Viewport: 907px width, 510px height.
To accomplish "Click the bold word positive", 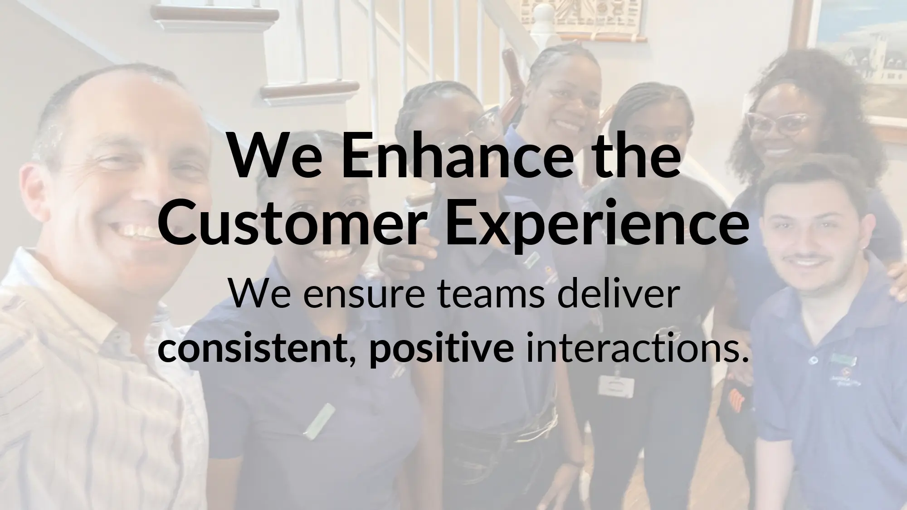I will pos(441,350).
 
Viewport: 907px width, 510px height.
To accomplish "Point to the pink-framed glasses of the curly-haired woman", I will pos(776,122).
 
